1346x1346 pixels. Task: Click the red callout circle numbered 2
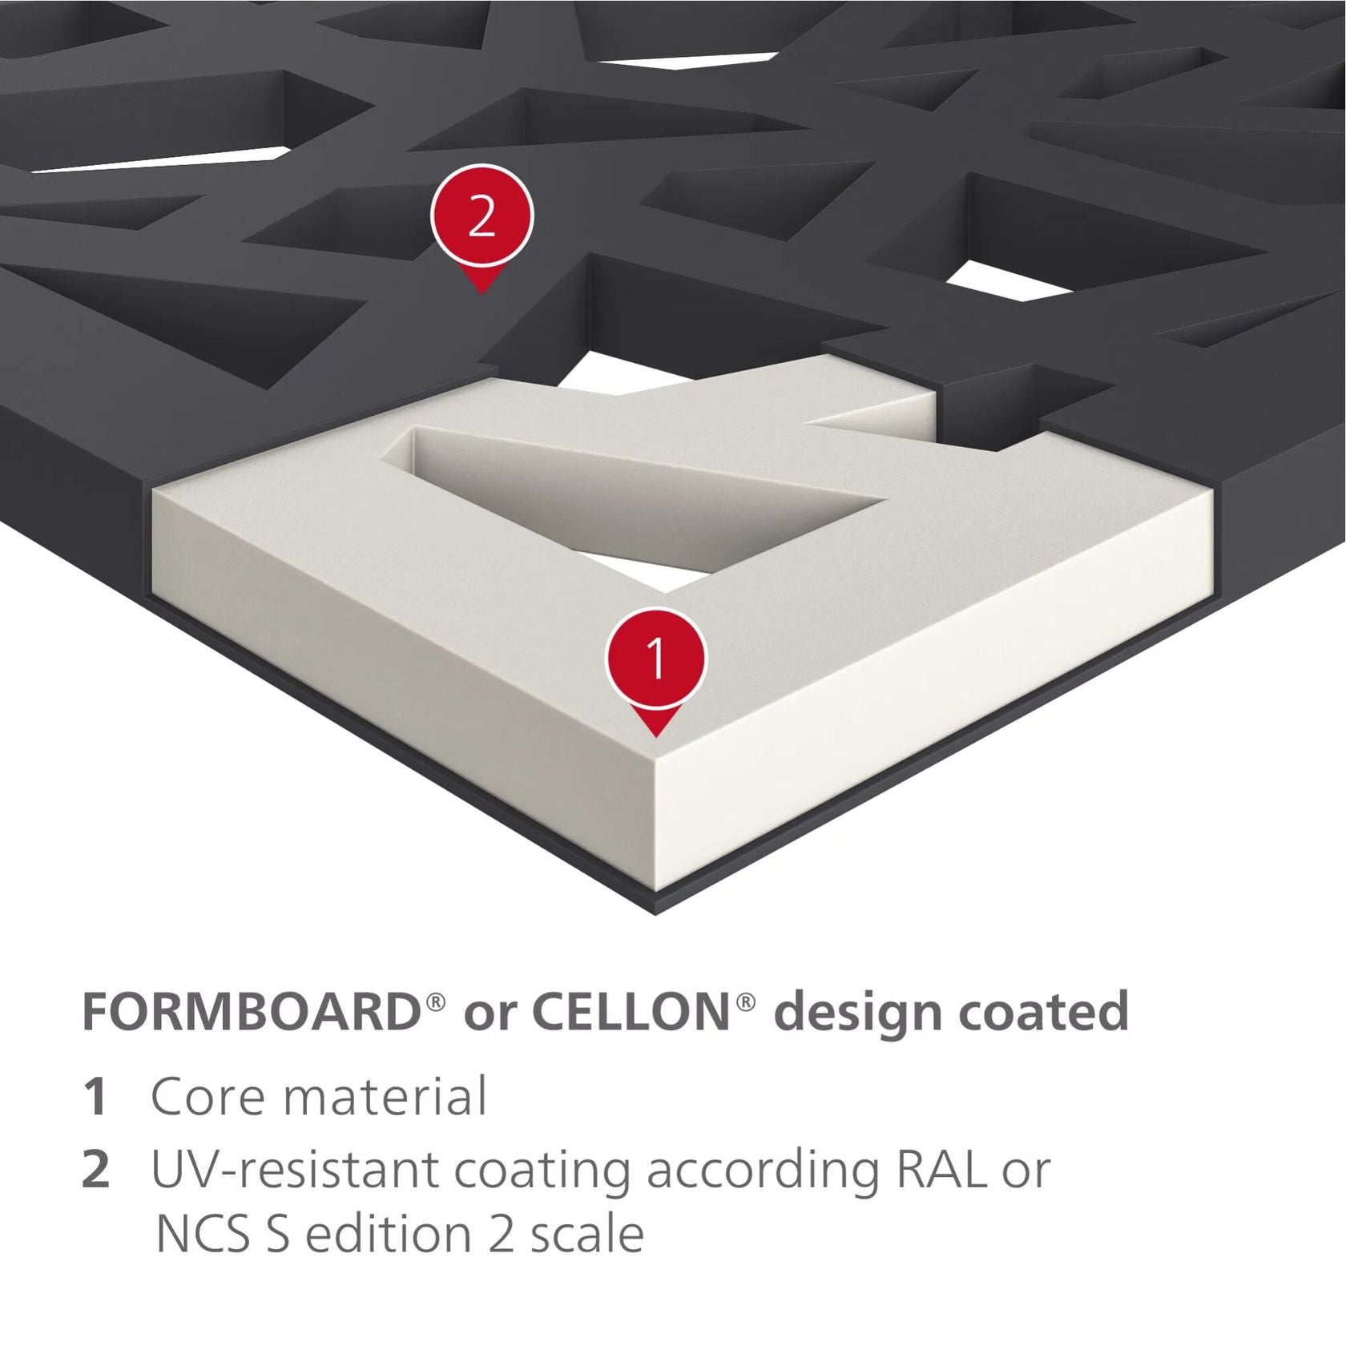(x=482, y=216)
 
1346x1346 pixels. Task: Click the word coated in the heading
(x=1045, y=1012)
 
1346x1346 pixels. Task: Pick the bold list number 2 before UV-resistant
(x=96, y=1170)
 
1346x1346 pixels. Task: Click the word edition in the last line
(x=389, y=1235)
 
